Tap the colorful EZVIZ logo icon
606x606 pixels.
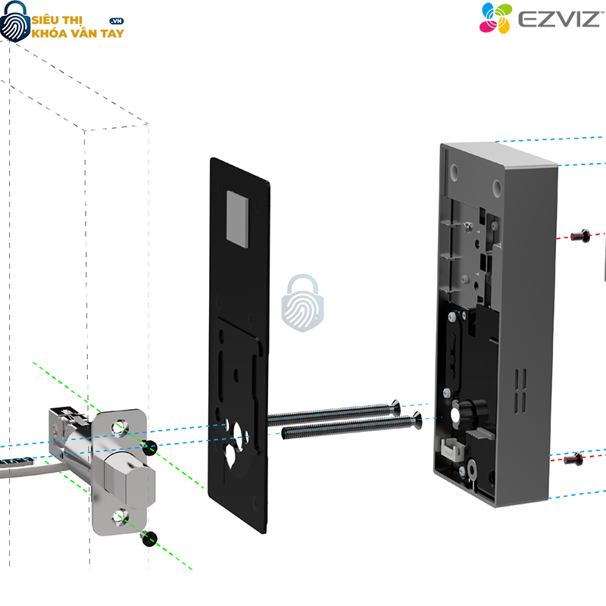tap(495, 18)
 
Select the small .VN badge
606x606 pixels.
tap(117, 20)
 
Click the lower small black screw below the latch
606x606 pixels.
tap(148, 539)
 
